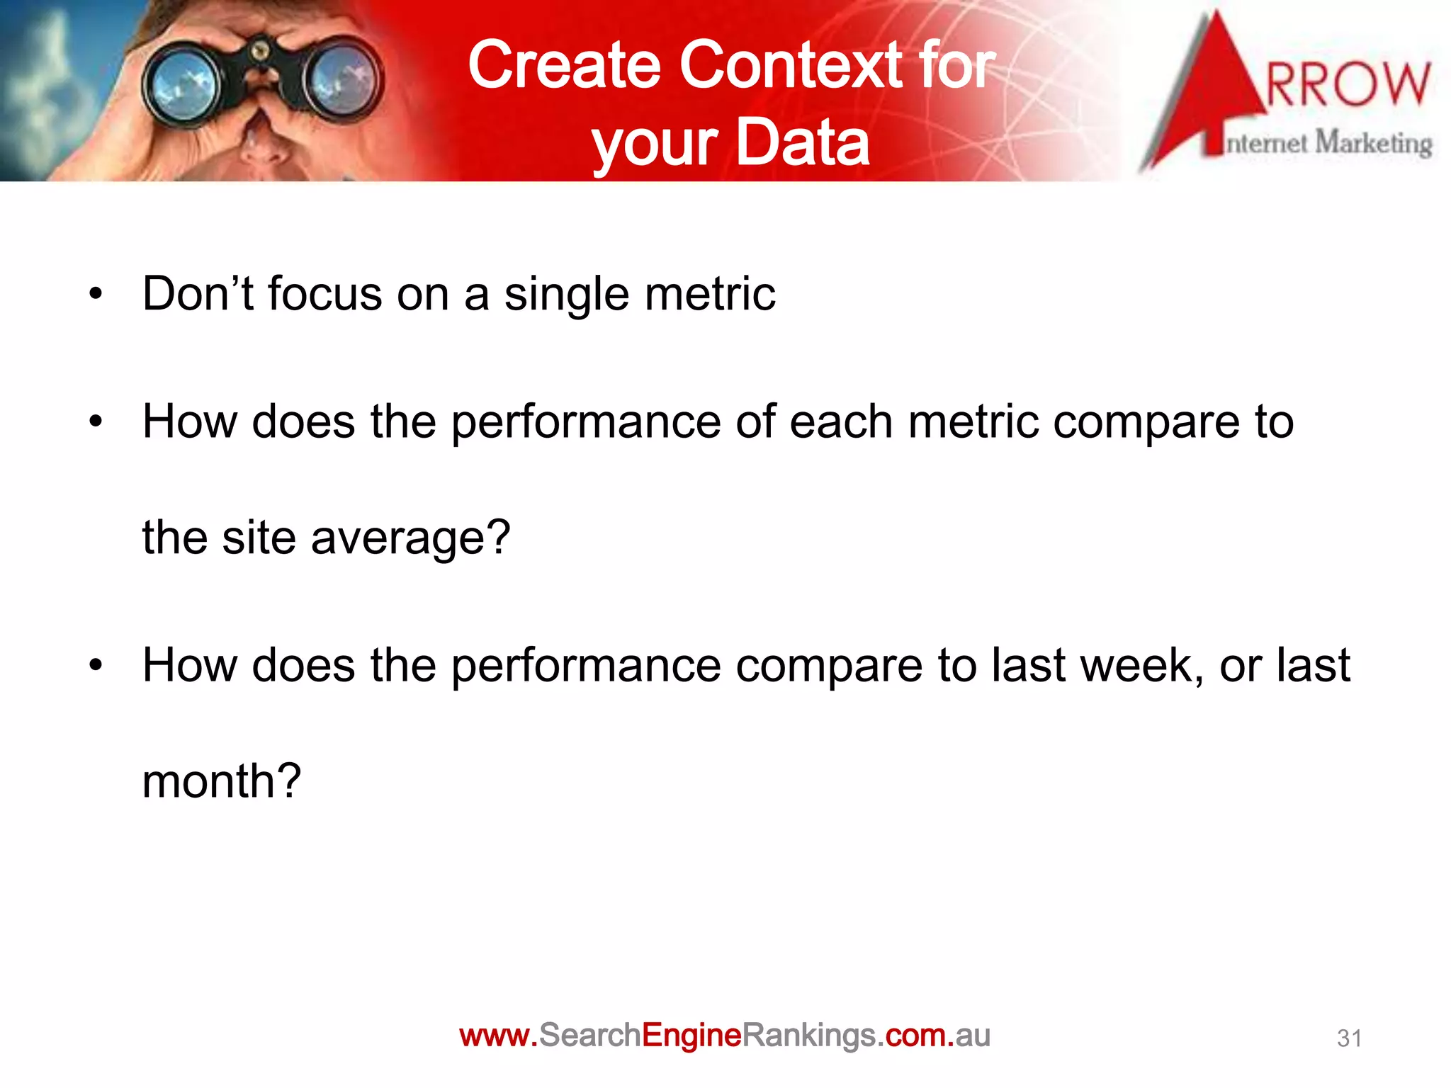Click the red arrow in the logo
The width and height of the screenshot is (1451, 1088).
click(x=1204, y=92)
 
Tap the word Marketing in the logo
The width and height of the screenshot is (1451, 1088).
click(x=1373, y=144)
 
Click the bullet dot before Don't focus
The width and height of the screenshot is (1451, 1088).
click(x=96, y=294)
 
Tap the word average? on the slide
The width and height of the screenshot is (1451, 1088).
click(x=410, y=538)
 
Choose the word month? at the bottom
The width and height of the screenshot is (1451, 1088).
click(x=222, y=782)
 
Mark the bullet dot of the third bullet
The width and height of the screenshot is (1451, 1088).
click(x=96, y=665)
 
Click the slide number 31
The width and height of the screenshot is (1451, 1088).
click(x=1348, y=1038)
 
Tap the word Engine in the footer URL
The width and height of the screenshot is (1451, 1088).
click(x=691, y=1036)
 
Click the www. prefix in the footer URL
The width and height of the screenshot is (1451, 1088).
click(x=499, y=1036)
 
